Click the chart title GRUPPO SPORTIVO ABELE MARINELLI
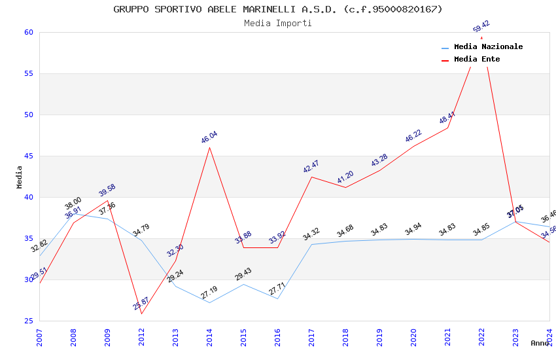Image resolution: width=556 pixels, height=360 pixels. pyautogui.click(x=278, y=9)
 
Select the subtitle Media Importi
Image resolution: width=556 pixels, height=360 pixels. pyautogui.click(x=278, y=23)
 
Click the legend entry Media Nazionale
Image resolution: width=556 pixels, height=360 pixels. pyautogui.click(x=488, y=46)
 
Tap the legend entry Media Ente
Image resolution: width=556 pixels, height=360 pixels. pyautogui.click(x=477, y=59)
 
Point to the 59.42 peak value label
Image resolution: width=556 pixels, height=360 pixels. pyautogui.click(x=481, y=27)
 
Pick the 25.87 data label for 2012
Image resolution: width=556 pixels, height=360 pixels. pyautogui.click(x=141, y=304)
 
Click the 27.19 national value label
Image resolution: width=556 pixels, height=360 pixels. pyautogui.click(x=209, y=293)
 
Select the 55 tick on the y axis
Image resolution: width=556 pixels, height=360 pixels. pyautogui.click(x=29, y=74)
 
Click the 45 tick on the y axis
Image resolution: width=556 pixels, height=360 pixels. pyautogui.click(x=29, y=156)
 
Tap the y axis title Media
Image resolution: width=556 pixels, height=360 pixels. pyautogui.click(x=19, y=177)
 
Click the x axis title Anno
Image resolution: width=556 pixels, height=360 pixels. pyautogui.click(x=540, y=343)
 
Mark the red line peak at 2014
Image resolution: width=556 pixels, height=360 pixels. pyautogui.click(x=209, y=147)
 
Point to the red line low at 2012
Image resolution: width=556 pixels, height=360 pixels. pyautogui.click(x=141, y=314)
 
